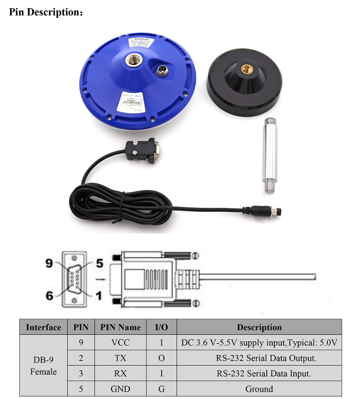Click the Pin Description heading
46,12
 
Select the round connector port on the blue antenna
161,70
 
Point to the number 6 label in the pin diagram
50,296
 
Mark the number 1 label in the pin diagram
98,296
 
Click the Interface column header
43,327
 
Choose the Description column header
259,327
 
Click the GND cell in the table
120,389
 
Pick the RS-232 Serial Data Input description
259,373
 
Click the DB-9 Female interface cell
43,366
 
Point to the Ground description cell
259,389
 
